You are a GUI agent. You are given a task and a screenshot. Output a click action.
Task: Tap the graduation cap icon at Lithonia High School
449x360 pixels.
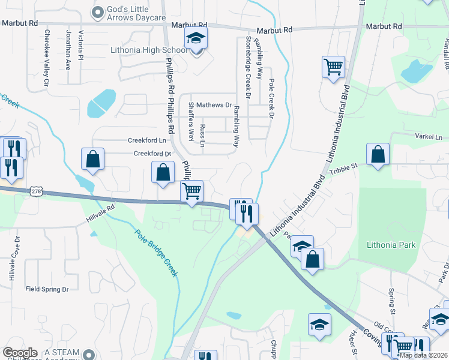[x=195, y=38]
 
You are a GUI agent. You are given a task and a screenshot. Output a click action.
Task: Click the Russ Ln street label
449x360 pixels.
[x=202, y=136]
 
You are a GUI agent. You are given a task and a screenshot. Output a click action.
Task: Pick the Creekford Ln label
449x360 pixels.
[x=147, y=140]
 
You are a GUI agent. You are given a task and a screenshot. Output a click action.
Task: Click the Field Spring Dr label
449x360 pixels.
[x=47, y=289]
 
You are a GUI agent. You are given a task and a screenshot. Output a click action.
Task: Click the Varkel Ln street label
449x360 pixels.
[x=428, y=137]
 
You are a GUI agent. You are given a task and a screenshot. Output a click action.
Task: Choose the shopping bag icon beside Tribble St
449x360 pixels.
[x=378, y=154]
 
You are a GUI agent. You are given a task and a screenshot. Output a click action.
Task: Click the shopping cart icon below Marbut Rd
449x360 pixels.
[x=333, y=67]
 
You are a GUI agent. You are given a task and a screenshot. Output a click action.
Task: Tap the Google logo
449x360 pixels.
[x=20, y=353]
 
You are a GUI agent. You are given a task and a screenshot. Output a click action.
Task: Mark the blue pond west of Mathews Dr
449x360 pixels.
[x=101, y=104]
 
